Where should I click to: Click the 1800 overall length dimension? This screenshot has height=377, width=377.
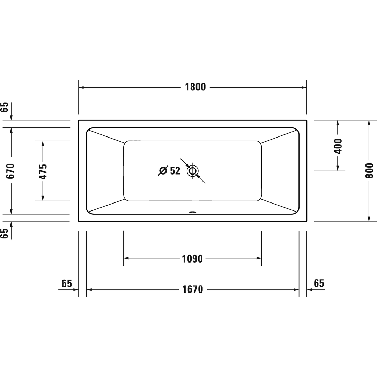click(195, 87)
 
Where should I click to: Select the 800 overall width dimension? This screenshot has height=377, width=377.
click(369, 170)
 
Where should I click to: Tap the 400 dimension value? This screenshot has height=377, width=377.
click(338, 146)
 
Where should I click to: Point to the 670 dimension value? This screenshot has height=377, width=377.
click(10, 171)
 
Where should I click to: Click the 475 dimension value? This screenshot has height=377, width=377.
click(43, 171)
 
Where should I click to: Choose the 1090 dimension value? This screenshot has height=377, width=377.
click(192, 259)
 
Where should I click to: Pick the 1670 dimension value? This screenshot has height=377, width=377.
click(193, 289)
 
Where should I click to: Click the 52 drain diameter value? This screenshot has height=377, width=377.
click(175, 171)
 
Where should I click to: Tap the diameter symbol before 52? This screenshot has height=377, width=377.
click(163, 171)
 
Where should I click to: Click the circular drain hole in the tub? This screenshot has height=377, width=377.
click(193, 171)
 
